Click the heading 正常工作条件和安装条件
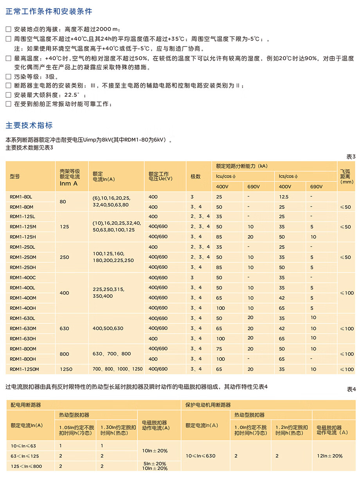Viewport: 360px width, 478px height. [x=49, y=11]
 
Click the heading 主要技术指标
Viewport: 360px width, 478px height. [x=29, y=125]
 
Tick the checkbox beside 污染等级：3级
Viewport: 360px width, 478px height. [x=9, y=77]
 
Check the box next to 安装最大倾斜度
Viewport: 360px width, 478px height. [x=9, y=95]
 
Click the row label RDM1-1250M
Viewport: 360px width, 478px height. [x=24, y=369]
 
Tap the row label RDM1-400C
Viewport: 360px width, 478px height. [x=23, y=277]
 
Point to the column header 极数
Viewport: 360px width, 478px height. [x=196, y=176]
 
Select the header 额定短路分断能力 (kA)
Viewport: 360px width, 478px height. [x=242, y=166]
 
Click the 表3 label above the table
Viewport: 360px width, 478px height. [x=351, y=156]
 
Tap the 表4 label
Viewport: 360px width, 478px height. [x=351, y=389]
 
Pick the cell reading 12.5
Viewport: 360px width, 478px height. [x=284, y=197]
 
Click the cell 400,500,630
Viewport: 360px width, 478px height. [x=108, y=328]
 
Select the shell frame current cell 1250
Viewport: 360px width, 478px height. [x=66, y=369]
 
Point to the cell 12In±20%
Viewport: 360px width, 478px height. [x=329, y=456]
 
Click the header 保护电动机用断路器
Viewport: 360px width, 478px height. [x=208, y=405]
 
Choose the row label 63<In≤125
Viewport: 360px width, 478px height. [x=25, y=456]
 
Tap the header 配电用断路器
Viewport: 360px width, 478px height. [x=26, y=405]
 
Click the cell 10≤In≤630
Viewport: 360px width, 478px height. [x=200, y=456]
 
